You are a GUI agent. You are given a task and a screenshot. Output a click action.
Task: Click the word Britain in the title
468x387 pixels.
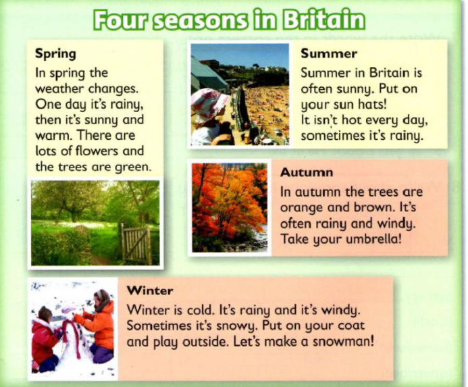point(323,20)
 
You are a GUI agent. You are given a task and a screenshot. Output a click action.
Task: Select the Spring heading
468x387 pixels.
point(55,54)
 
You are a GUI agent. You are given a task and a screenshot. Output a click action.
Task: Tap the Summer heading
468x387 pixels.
point(329,54)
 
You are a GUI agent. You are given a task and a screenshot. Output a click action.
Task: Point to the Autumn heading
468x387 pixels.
point(307,173)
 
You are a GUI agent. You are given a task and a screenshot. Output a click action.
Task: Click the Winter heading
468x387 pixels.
point(150,290)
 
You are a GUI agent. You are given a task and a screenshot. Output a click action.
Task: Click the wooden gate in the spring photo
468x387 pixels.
point(136,244)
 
